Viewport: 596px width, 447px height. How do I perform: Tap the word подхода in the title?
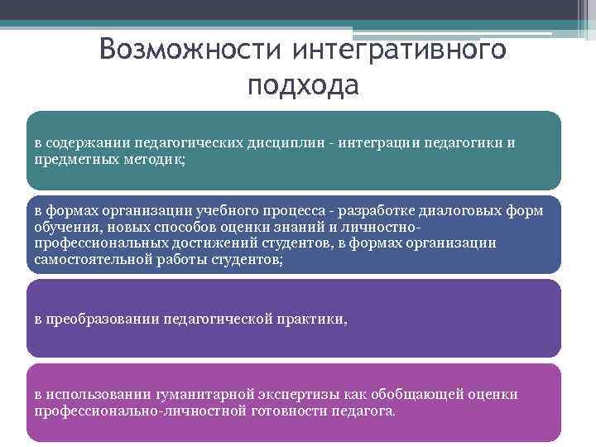point(303,84)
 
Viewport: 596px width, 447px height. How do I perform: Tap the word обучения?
point(65,227)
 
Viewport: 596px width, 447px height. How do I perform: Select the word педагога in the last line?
point(363,410)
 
